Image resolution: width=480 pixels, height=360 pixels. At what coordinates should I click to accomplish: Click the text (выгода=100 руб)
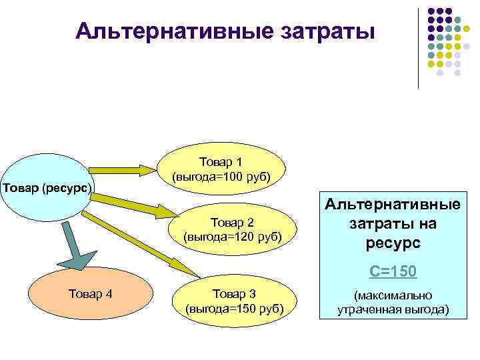(x=221, y=177)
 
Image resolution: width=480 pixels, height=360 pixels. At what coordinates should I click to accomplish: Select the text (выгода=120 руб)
(x=232, y=237)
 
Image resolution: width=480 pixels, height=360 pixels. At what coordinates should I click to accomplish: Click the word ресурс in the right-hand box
(x=393, y=243)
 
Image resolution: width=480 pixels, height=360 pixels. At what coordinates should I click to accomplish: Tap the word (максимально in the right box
(x=393, y=295)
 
